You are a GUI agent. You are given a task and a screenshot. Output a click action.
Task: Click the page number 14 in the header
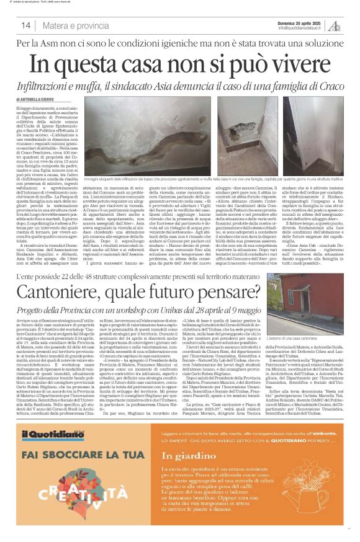point(26,25)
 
